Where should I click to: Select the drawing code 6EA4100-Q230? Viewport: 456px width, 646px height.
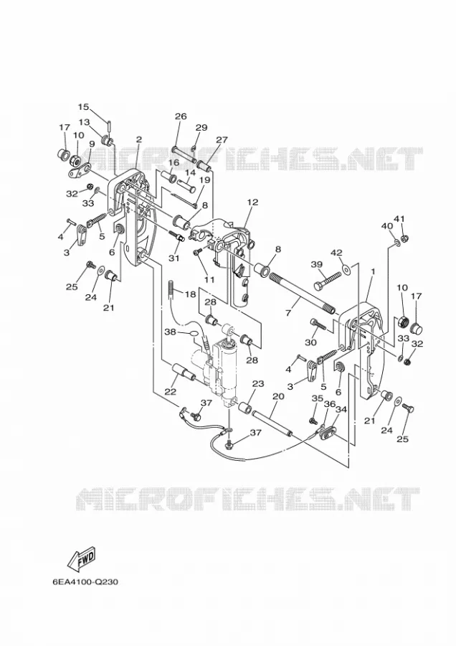point(85,582)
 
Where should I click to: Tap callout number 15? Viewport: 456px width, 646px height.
point(83,107)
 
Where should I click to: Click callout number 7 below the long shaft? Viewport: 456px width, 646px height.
point(288,313)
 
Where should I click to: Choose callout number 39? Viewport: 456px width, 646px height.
point(316,264)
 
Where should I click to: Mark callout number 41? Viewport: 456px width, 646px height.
point(399,218)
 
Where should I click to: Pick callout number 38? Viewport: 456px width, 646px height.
point(171,331)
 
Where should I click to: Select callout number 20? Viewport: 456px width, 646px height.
point(279,396)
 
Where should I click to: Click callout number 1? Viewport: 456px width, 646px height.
point(373,272)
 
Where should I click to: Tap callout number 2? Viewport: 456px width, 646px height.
point(138,140)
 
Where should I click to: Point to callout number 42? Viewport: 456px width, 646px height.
point(337,252)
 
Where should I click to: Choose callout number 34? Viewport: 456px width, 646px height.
point(341,409)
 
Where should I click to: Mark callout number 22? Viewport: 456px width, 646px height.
point(171,392)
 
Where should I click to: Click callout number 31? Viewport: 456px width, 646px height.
point(174,258)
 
